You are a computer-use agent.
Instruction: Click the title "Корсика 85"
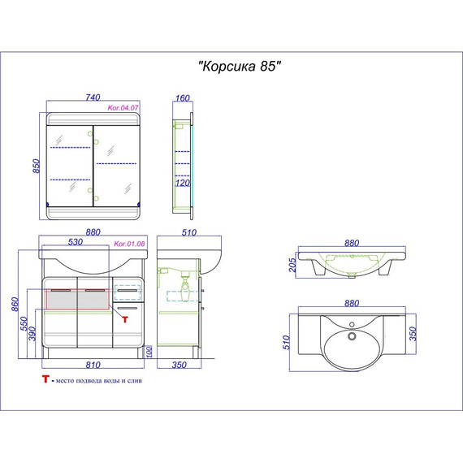[x=240, y=66]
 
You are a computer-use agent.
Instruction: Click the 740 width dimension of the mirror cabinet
[x=93, y=97]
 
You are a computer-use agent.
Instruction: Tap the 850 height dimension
[x=36, y=166]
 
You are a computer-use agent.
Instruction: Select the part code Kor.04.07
[x=123, y=108]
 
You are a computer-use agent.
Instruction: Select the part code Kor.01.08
[x=129, y=244]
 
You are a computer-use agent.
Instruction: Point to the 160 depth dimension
[x=183, y=97]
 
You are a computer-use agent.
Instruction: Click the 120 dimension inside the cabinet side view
[x=183, y=183]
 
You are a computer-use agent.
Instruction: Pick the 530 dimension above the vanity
[x=76, y=242]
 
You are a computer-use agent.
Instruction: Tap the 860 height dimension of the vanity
[x=15, y=304]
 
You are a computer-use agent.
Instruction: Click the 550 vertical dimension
[x=24, y=324]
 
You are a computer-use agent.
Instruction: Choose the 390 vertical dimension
[x=32, y=334]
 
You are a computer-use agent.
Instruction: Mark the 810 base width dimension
[x=93, y=365]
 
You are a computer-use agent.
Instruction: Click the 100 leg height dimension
[x=149, y=352]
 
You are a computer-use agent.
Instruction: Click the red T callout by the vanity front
[x=125, y=319]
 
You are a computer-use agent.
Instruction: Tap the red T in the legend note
[x=45, y=379]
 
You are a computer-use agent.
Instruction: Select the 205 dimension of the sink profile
[x=292, y=265]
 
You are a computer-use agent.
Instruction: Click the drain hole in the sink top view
[x=352, y=336]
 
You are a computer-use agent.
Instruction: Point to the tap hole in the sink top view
[x=352, y=325]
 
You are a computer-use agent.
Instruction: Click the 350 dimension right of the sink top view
[x=413, y=334]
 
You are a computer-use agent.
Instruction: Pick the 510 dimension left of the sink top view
[x=287, y=342]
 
